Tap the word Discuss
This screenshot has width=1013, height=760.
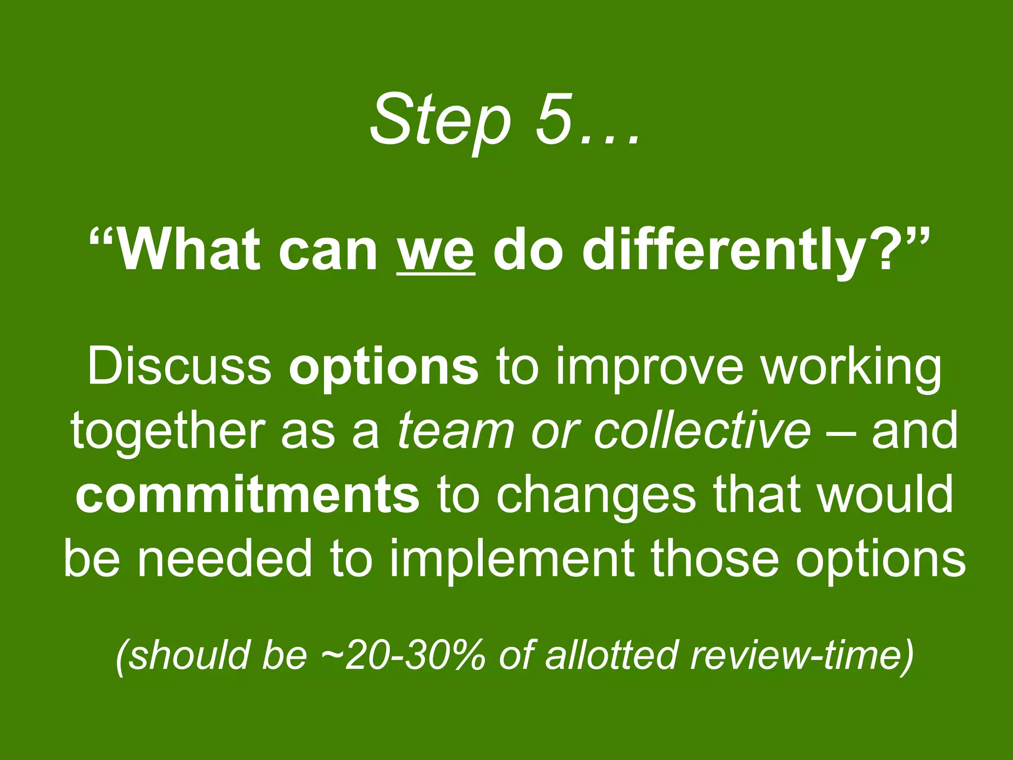pyautogui.click(x=179, y=367)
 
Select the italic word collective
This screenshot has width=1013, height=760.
pyautogui.click(x=702, y=430)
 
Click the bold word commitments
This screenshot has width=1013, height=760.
pyautogui.click(x=247, y=495)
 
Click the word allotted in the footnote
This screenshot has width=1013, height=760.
pyautogui.click(x=610, y=654)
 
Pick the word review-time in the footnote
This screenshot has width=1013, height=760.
pyautogui.click(x=796, y=654)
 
